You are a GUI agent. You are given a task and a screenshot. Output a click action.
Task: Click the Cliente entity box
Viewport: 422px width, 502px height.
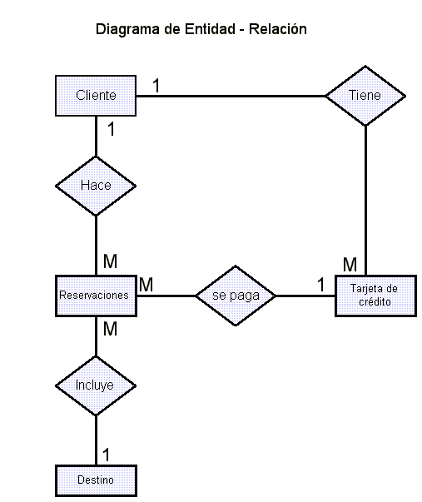point(96,96)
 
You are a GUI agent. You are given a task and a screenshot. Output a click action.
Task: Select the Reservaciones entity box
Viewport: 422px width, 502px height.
point(96,296)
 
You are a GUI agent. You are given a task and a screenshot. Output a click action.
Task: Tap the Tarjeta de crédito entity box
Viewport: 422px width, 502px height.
point(375,296)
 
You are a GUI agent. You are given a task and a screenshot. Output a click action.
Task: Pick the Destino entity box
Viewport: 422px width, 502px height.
point(96,480)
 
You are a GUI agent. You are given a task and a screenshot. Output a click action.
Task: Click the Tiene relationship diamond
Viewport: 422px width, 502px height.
point(365,96)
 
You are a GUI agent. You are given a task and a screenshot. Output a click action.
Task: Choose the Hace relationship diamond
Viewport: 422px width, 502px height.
point(96,186)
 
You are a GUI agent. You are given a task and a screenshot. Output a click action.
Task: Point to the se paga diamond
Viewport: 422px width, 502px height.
point(236,296)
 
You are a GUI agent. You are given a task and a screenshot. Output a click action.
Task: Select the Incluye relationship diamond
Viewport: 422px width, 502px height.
point(96,385)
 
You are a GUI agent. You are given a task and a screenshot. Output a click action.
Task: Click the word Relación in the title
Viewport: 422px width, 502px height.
point(278,29)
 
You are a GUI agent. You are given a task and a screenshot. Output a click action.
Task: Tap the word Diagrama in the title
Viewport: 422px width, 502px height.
point(127,29)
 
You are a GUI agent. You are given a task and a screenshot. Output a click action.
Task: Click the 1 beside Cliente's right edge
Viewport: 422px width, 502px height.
point(156,86)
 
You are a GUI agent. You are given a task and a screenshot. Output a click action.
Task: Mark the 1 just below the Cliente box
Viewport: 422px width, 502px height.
point(111,129)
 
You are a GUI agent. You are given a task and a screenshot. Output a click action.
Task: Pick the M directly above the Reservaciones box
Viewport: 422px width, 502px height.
point(110,261)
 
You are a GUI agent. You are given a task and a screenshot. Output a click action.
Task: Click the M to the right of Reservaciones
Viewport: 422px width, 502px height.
point(146,284)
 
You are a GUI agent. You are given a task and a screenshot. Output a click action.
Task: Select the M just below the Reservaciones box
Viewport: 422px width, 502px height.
point(110,329)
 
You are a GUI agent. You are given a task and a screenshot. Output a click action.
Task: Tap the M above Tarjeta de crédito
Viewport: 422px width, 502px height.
point(350,265)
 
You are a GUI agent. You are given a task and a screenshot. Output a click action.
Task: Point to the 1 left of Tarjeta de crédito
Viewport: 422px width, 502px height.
point(320,284)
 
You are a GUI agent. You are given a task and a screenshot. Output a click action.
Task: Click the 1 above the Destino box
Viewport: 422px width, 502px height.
point(106,455)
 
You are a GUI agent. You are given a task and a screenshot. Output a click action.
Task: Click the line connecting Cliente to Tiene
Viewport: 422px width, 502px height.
point(231,96)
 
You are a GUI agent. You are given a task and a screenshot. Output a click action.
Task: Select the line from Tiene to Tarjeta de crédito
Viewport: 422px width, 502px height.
point(365,200)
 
